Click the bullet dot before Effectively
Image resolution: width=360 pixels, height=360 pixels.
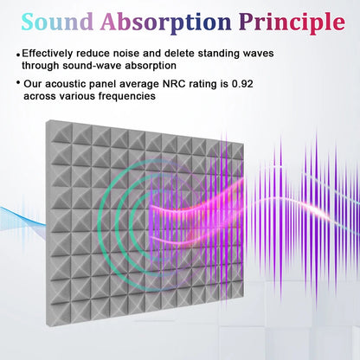coord(18,54)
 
